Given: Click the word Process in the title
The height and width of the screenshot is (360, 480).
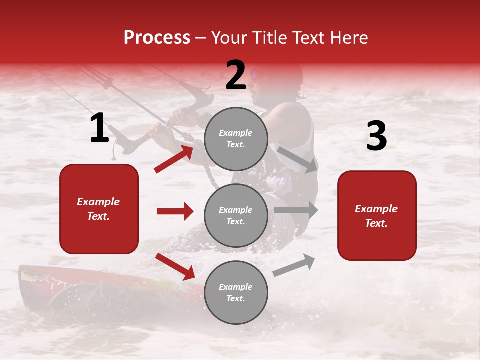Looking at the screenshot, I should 157,38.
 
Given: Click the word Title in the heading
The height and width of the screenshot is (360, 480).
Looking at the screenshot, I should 268,38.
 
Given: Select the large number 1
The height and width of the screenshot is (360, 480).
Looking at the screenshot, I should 99,128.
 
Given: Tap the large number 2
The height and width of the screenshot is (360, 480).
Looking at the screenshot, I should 236,75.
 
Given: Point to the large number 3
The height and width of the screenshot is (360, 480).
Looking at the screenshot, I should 376,136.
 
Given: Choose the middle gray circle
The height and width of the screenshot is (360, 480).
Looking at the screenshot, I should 236,215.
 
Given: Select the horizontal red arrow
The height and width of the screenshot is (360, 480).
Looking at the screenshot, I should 175,211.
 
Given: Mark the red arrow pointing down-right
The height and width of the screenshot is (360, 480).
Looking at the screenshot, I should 175,266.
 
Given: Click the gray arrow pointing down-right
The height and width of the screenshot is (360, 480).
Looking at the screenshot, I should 298,159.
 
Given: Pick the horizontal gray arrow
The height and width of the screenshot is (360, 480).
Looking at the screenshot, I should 295,210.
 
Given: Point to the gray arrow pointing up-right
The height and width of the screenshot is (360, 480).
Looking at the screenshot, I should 294,265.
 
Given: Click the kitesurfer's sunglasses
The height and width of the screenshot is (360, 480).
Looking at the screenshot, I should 255,75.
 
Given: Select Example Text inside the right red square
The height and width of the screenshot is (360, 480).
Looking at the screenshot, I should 376,216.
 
